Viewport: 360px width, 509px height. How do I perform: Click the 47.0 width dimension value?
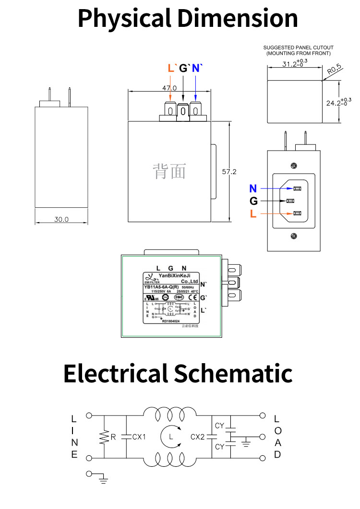[x=169, y=88]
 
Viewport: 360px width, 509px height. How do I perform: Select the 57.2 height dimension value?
[x=229, y=171]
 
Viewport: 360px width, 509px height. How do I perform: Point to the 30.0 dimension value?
[x=61, y=219]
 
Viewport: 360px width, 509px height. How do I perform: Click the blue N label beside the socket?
[x=253, y=189]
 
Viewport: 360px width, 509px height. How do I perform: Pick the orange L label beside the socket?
[x=253, y=214]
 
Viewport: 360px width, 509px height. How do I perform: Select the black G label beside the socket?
[x=253, y=201]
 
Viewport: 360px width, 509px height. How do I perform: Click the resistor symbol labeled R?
[x=104, y=437]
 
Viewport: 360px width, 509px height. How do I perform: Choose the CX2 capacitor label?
[x=198, y=437]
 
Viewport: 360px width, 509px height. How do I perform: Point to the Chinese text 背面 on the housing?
[x=169, y=171]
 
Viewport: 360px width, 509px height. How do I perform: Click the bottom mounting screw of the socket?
[x=294, y=236]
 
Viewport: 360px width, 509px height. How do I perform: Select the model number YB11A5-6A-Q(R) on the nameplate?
[x=165, y=287]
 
